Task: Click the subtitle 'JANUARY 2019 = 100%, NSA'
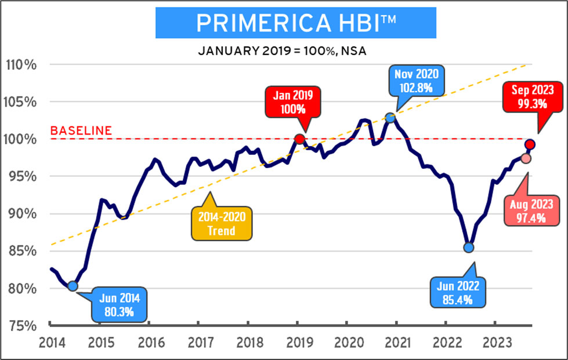tap(283, 50)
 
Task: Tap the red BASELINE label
tap(81, 130)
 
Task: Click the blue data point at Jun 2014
tap(73, 286)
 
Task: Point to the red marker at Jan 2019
tap(299, 139)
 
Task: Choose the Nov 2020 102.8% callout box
tap(418, 81)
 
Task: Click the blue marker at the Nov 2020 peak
tap(390, 118)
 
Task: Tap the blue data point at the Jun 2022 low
tap(469, 248)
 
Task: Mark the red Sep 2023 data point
tap(530, 144)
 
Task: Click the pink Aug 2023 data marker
tap(525, 158)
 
